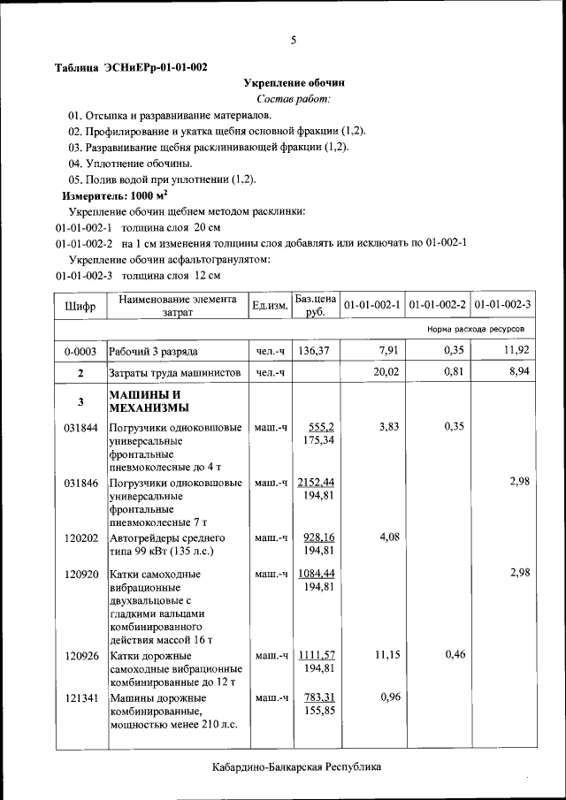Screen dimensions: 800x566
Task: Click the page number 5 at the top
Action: click(294, 40)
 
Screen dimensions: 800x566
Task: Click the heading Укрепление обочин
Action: click(294, 82)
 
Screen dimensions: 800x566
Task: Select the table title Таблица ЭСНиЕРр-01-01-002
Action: click(131, 67)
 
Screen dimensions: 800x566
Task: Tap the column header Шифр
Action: click(80, 306)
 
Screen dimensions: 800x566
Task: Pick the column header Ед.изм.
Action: click(270, 306)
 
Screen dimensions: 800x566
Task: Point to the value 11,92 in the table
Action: click(514, 351)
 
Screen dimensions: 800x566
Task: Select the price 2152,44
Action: click(316, 482)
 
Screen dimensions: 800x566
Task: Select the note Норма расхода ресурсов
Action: click(475, 329)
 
